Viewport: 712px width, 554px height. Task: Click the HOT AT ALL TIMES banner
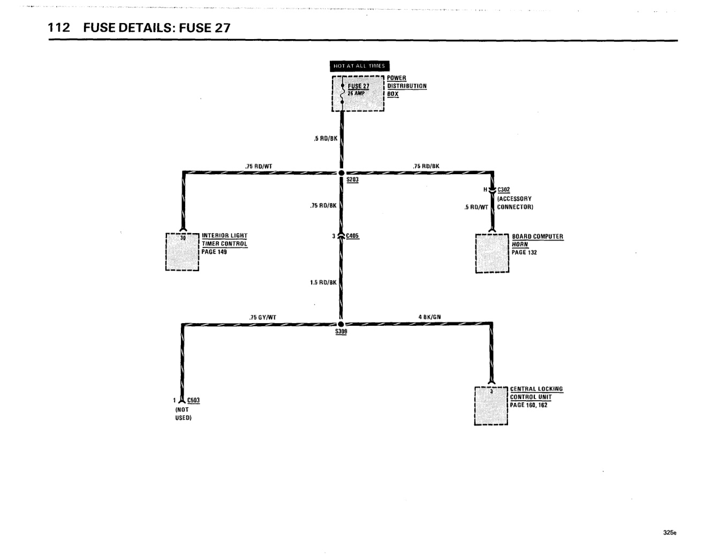point(359,66)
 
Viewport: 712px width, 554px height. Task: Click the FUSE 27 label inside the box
point(359,86)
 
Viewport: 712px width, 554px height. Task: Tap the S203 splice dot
point(342,173)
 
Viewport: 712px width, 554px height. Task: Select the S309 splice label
point(341,331)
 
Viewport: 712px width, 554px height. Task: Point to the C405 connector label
point(352,236)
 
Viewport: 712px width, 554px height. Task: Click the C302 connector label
point(504,190)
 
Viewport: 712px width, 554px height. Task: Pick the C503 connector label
point(193,400)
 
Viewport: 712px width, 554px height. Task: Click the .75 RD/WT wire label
point(259,166)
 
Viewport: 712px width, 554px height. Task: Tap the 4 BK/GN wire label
point(429,317)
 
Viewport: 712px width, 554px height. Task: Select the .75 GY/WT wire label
point(263,317)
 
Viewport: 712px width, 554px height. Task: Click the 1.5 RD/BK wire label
point(323,282)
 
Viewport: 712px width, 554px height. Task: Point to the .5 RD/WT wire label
point(476,207)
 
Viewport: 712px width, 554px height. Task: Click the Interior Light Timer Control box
point(182,252)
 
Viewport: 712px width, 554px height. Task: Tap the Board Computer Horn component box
point(492,253)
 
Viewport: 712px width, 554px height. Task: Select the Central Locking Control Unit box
point(491,406)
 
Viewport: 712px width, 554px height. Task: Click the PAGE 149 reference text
point(214,252)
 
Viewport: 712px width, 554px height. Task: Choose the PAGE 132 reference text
point(524,252)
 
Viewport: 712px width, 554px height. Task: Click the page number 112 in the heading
point(59,28)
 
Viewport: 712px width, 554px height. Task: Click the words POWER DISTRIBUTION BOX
point(407,86)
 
